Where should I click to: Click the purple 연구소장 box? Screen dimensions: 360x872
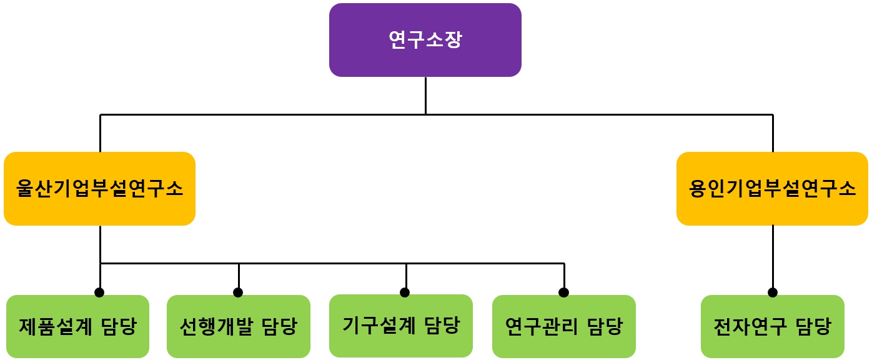tap(425, 40)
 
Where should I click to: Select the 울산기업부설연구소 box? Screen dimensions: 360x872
tap(99, 188)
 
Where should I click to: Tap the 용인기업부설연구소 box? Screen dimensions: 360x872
tap(772, 188)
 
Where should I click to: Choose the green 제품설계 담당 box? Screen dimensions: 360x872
tap(77, 326)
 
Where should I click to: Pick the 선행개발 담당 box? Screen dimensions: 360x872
tap(238, 326)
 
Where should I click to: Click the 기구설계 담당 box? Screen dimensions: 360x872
tap(400, 326)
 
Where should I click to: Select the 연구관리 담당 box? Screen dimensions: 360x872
tap(563, 326)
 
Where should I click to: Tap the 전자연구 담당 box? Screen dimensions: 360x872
tap(772, 326)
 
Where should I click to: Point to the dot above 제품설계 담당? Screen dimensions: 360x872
tap(99, 292)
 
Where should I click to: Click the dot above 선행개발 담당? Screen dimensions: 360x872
tap(238, 292)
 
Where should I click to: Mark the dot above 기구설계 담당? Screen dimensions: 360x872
tap(405, 292)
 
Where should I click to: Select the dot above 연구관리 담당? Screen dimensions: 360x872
tap(563, 292)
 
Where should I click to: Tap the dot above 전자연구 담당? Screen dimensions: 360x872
tap(773, 292)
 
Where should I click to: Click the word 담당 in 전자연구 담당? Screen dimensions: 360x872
tap(813, 326)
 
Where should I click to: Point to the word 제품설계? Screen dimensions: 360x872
tap(56, 326)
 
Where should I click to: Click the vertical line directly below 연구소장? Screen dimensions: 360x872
tap(425, 95)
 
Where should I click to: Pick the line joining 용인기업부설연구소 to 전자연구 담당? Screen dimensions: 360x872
tap(773, 256)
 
